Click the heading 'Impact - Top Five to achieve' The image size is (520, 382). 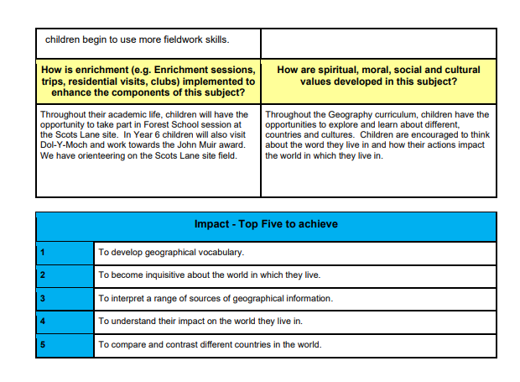(266, 224)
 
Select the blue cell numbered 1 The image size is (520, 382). (65, 252)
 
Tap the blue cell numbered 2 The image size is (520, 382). (65, 275)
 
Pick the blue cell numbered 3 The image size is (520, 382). (65, 298)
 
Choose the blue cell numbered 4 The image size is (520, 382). (65, 322)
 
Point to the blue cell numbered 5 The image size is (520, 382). (65, 345)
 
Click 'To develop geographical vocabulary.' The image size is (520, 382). (171, 252)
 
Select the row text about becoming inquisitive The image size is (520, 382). (209, 275)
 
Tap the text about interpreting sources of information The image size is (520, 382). (216, 298)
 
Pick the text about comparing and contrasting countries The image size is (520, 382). (210, 345)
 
